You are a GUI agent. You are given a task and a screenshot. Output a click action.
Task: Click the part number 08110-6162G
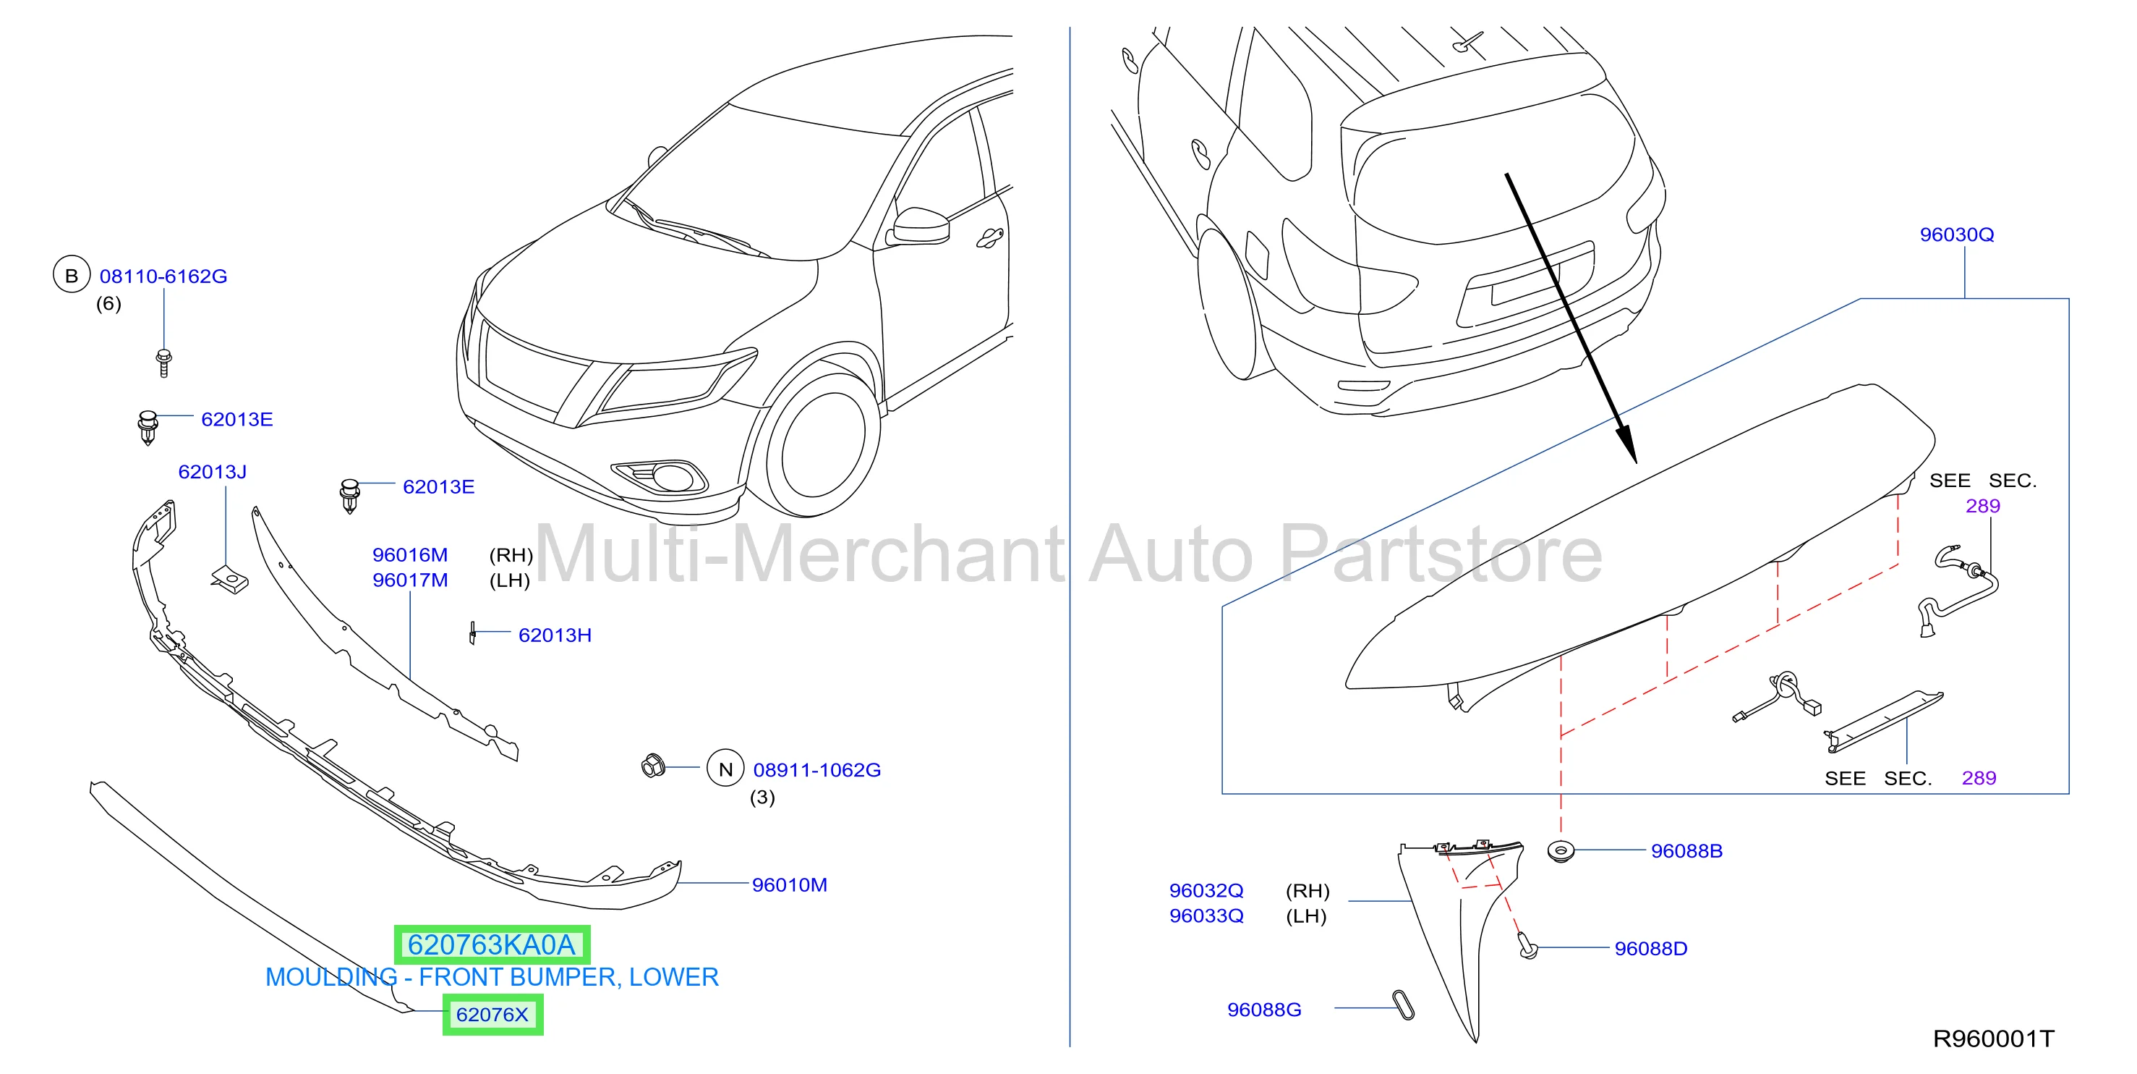click(163, 276)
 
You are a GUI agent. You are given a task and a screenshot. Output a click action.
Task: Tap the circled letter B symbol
click(72, 275)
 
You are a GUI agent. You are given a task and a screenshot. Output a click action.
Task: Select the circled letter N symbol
click(726, 769)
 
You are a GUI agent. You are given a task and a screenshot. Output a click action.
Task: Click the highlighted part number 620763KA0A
click(492, 944)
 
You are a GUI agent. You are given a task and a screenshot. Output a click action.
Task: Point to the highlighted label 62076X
click(492, 1014)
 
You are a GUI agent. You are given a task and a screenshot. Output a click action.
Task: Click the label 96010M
click(790, 885)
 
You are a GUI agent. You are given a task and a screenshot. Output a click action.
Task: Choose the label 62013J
click(213, 471)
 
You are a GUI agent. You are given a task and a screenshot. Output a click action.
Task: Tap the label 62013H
click(555, 635)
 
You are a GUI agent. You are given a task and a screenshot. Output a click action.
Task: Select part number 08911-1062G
click(817, 769)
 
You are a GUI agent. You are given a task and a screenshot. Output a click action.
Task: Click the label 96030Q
click(1957, 235)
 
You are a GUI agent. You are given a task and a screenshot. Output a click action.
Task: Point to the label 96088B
click(1686, 851)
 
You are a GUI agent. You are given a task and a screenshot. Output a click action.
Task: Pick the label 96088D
click(1651, 949)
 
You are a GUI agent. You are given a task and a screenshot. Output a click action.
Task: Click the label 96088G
click(1264, 1010)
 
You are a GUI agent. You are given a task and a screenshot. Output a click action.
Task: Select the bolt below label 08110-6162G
click(163, 363)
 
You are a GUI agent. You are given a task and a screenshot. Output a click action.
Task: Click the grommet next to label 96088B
click(1561, 852)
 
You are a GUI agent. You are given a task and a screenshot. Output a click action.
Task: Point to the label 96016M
click(410, 554)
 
